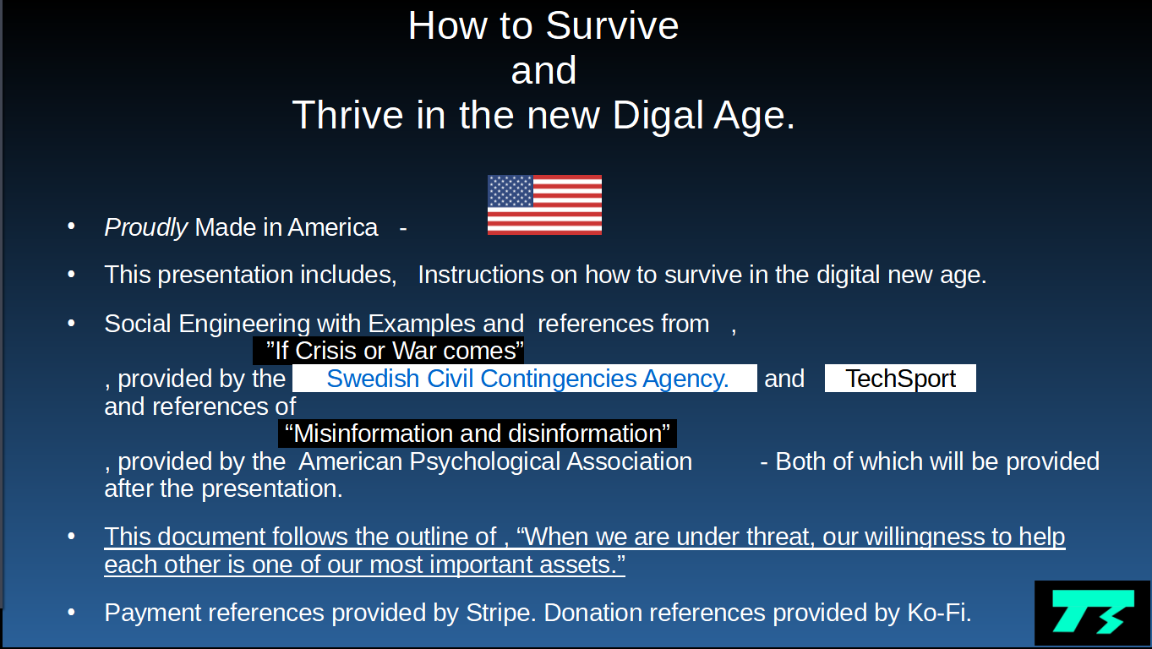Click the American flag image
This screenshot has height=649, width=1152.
click(544, 205)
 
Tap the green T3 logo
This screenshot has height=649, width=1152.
click(1093, 612)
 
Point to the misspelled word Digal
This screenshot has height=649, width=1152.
click(658, 115)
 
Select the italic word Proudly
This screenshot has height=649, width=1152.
click(146, 228)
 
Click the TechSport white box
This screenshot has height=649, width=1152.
click(900, 379)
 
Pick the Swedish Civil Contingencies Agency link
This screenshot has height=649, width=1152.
click(527, 379)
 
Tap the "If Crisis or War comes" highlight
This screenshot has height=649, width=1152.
click(388, 351)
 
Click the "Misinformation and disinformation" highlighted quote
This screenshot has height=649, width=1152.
click(478, 434)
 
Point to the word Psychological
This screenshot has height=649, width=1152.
click(484, 461)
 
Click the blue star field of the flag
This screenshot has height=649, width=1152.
click(510, 191)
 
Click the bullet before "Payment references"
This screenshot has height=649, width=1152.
click(72, 612)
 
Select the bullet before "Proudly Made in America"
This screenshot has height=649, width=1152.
click(72, 226)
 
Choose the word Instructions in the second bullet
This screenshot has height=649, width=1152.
click(481, 275)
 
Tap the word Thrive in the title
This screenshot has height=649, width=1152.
click(347, 115)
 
